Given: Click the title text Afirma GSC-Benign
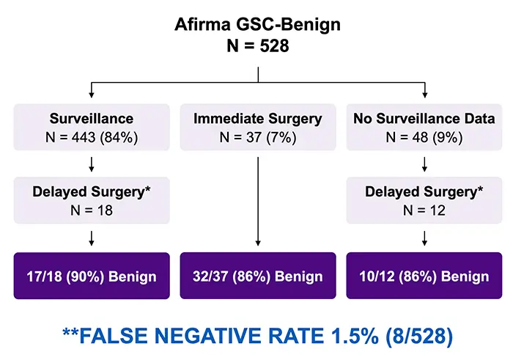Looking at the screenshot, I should point(257,25).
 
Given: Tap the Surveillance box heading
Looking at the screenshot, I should point(91,118).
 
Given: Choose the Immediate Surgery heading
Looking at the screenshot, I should point(257,118).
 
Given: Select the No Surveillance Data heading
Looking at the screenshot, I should point(424,118).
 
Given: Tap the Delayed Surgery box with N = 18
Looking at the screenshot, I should point(91,201).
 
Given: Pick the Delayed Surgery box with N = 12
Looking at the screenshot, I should point(424,201).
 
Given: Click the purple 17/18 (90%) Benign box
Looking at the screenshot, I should point(91,276).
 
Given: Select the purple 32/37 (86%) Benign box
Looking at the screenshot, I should point(257,276).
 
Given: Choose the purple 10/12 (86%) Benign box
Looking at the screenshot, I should point(424,276).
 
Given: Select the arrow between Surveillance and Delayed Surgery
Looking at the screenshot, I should point(91,164).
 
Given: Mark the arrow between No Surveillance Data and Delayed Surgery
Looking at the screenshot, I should point(424,164).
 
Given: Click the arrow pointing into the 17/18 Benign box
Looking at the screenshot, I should point(91,238).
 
